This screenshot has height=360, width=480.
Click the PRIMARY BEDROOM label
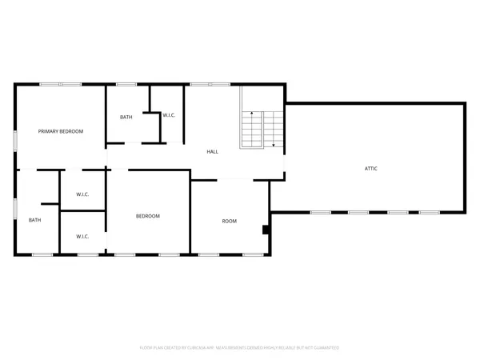tap(61, 131)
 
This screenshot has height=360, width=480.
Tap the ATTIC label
tap(371, 169)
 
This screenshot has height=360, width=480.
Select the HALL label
tap(213, 151)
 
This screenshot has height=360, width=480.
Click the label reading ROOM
tap(230, 221)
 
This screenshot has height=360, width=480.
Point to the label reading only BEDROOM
tap(147, 216)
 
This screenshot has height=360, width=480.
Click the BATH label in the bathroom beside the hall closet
tap(126, 118)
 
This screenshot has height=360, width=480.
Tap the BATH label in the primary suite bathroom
tap(35, 221)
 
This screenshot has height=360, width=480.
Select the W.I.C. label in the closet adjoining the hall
tap(169, 117)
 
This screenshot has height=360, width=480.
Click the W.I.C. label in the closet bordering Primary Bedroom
tap(82, 194)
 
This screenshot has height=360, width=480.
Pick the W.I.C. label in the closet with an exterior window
tap(82, 236)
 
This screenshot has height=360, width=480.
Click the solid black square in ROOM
tap(266, 230)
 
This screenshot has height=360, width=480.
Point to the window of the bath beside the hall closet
tap(126, 84)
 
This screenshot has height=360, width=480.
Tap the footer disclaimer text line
tap(240, 348)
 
